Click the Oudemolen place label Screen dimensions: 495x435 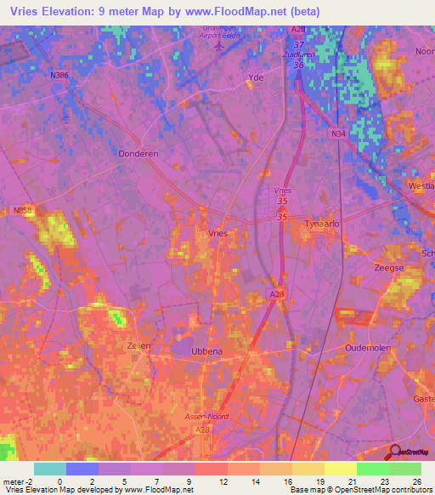point(366,349)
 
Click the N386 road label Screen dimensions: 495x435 point(59,75)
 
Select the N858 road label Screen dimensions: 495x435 point(23,209)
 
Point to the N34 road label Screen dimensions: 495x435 point(338,134)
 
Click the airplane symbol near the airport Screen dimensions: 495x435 point(221,47)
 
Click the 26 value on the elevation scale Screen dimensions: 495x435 point(415,481)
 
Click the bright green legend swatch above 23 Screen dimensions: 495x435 point(372,469)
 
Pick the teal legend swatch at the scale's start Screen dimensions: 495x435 point(50,469)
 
